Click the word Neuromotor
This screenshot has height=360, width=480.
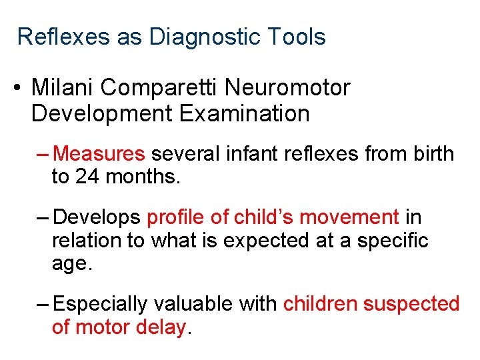click(x=293, y=87)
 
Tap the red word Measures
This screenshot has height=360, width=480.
click(x=99, y=154)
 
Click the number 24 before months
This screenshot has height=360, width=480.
click(x=87, y=177)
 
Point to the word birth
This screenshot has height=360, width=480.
click(x=431, y=154)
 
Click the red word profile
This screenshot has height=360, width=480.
click(x=171, y=217)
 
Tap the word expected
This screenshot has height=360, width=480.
click(x=269, y=241)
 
